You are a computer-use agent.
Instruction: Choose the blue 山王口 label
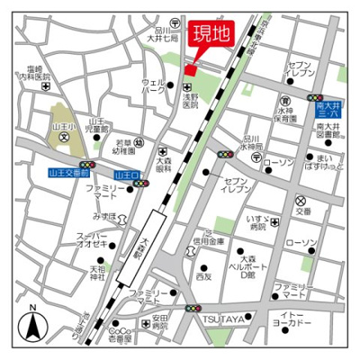coord(128,174)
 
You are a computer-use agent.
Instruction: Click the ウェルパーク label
coord(153,86)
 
